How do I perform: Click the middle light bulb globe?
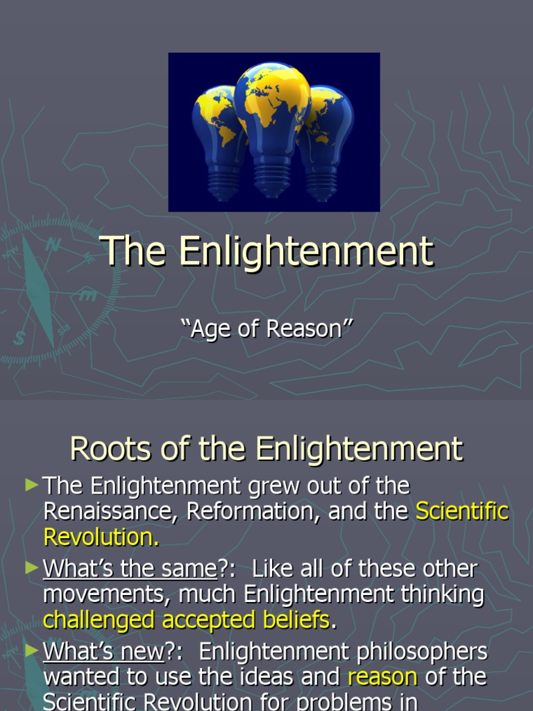click(272, 104)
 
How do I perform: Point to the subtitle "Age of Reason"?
click(266, 329)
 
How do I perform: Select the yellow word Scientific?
click(462, 512)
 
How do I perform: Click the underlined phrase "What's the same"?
click(130, 569)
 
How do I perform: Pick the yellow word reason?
click(382, 677)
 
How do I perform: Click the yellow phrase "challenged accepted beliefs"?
click(186, 619)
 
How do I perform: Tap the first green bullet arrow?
click(31, 486)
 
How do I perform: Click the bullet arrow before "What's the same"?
click(31, 569)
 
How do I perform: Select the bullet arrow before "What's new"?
click(31, 652)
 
